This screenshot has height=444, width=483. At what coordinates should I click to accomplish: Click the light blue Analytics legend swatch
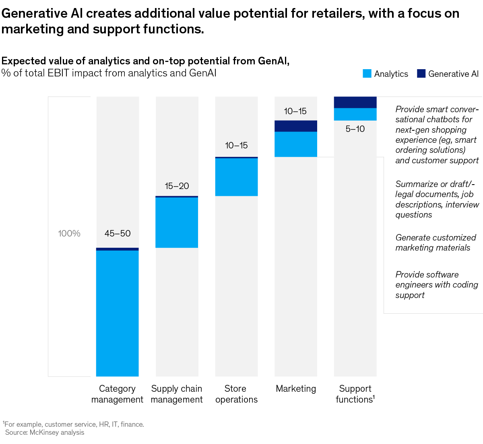(x=367, y=74)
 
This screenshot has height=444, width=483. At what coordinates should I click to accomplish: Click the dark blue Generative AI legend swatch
(x=421, y=74)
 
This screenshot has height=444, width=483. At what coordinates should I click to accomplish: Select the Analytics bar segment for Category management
(x=117, y=313)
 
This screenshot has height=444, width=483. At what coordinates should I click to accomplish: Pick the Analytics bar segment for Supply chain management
(x=177, y=222)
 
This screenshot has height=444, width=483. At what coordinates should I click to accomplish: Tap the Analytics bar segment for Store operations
(x=236, y=177)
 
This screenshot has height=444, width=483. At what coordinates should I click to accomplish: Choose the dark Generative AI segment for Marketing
(x=296, y=126)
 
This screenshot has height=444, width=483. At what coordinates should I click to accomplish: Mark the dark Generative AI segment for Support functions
(x=355, y=102)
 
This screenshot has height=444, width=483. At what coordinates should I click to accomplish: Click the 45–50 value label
(x=118, y=233)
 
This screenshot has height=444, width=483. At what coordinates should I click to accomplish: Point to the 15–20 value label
(x=177, y=186)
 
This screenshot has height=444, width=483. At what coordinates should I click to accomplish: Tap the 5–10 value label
(x=355, y=129)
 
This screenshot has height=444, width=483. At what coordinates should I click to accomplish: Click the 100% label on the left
(x=69, y=233)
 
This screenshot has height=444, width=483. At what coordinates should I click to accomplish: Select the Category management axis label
(x=117, y=394)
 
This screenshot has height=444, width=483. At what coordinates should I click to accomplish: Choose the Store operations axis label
(x=236, y=394)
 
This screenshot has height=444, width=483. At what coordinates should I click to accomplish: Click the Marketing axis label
(x=296, y=388)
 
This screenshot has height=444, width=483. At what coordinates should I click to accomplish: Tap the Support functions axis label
(x=355, y=394)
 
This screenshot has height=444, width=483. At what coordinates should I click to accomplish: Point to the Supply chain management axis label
(x=177, y=394)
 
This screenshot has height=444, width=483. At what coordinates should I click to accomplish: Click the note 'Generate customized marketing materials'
(x=436, y=243)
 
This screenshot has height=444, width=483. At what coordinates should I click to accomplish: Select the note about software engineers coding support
(x=436, y=285)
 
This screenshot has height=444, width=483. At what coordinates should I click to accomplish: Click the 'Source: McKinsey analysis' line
(x=45, y=432)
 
